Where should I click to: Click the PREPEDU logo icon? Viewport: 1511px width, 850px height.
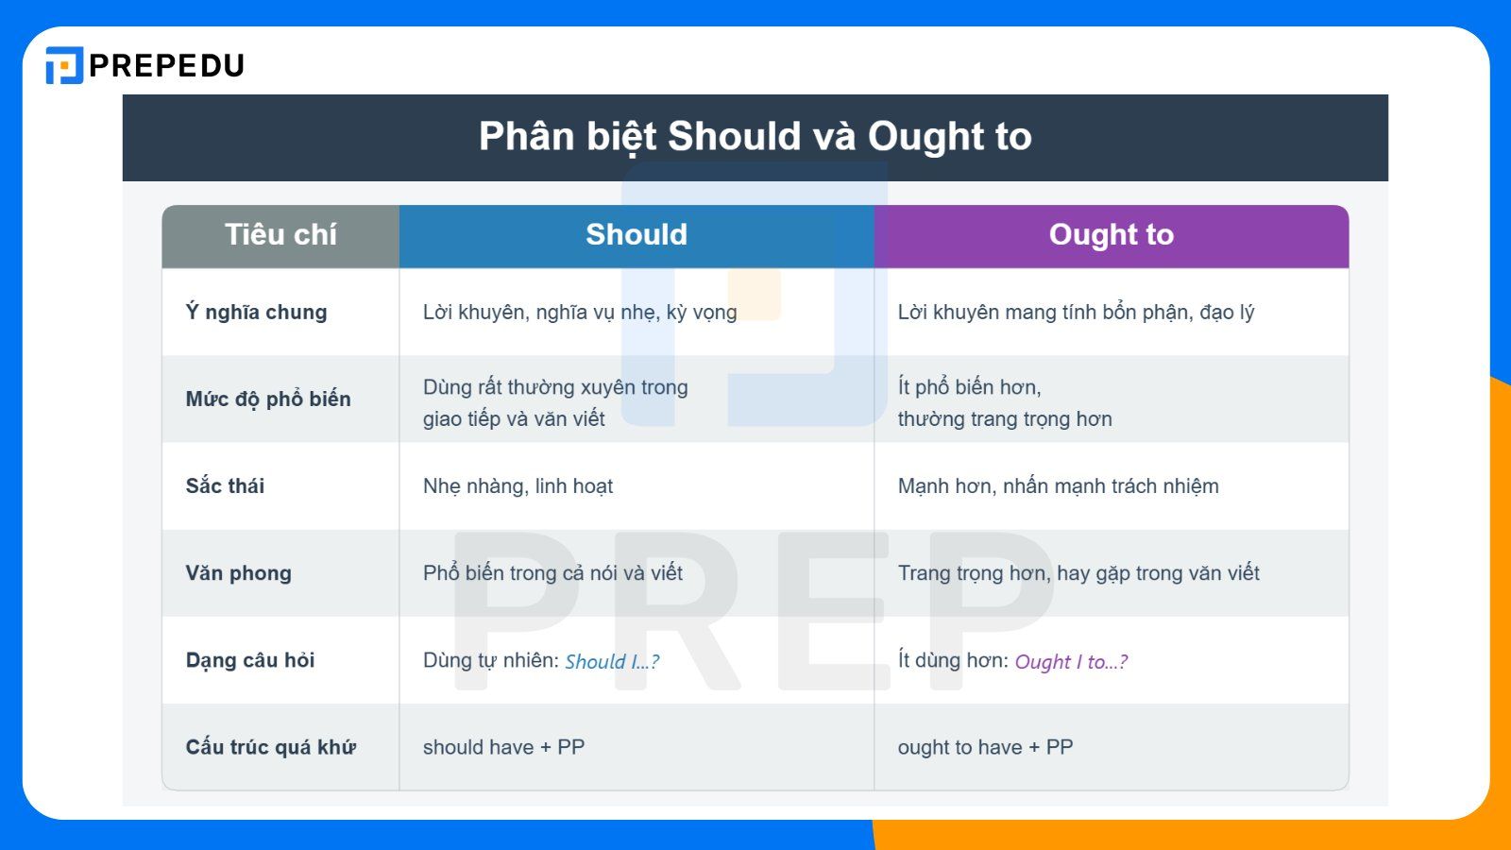[x=64, y=65]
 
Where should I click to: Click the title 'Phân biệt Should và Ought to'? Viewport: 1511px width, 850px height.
[x=755, y=137]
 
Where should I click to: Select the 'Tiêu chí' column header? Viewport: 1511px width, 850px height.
[x=280, y=235]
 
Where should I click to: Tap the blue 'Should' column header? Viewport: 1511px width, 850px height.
[x=636, y=235]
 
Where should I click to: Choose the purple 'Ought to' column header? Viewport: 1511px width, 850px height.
[x=1111, y=235]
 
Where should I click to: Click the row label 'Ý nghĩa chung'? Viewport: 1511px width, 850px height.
[x=256, y=313]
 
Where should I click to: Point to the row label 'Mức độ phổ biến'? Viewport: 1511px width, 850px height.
[x=268, y=399]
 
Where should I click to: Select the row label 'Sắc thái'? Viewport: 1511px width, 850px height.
[x=225, y=486]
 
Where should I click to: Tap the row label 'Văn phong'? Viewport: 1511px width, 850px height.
[x=238, y=573]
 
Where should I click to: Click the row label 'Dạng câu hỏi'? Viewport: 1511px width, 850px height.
[x=250, y=660]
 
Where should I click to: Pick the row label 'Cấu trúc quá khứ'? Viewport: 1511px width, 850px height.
[x=270, y=747]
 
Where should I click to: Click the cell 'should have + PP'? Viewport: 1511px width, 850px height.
[x=503, y=747]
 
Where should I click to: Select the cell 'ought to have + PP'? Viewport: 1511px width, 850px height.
[x=985, y=747]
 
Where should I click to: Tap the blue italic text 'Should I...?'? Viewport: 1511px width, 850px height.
[x=612, y=661]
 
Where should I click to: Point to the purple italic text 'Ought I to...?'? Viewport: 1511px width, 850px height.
[x=1071, y=661]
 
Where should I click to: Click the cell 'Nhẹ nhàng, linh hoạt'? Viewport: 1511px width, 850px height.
[x=518, y=486]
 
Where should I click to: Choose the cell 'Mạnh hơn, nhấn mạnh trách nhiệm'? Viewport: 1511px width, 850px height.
[x=1058, y=486]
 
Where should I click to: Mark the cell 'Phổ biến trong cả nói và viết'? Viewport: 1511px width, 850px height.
[x=552, y=573]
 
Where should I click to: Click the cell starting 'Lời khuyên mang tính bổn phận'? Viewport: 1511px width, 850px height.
[x=1076, y=313]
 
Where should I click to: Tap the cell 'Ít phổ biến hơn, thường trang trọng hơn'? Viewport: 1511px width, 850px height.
[x=1004, y=403]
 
